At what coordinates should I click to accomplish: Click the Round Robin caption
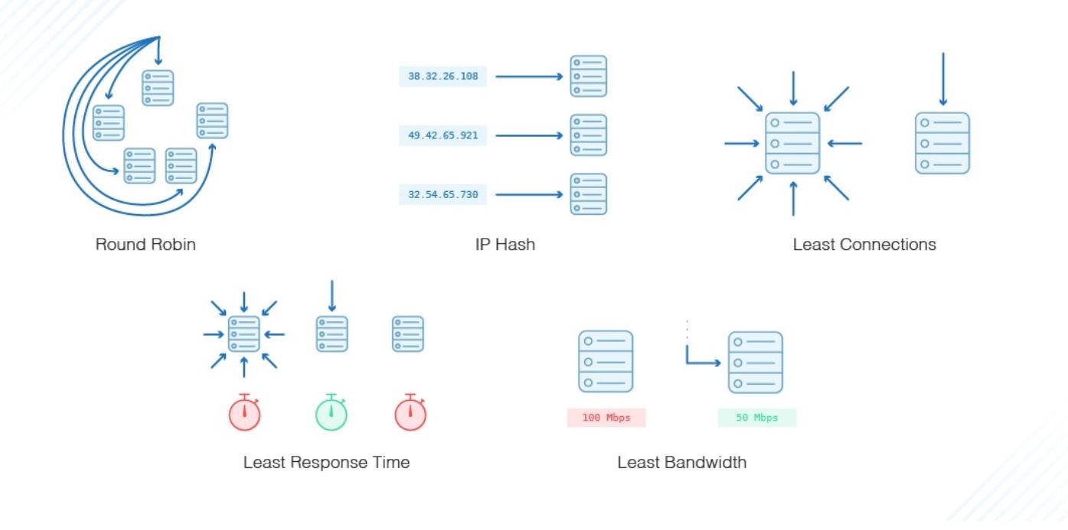click(x=145, y=245)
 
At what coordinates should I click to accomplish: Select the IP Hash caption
click(x=505, y=245)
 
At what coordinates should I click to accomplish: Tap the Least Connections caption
click(x=864, y=245)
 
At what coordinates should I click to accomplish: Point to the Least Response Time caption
click(x=326, y=462)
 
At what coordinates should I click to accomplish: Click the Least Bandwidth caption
click(x=681, y=462)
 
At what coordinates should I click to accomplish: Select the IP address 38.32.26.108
click(x=443, y=76)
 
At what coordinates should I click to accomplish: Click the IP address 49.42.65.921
click(x=443, y=135)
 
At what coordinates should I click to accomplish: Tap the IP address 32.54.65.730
click(x=443, y=194)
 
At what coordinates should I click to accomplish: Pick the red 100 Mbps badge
click(x=606, y=418)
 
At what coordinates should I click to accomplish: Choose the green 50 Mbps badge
click(x=756, y=418)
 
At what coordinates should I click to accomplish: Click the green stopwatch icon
click(x=332, y=413)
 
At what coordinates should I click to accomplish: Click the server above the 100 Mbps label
click(x=606, y=362)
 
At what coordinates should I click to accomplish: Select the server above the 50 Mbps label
click(x=755, y=362)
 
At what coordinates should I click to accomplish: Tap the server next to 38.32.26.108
click(x=588, y=76)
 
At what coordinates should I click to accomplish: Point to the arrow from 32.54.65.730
click(x=528, y=194)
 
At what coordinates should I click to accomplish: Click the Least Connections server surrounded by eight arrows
click(x=792, y=143)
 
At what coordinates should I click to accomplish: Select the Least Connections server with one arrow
click(x=942, y=143)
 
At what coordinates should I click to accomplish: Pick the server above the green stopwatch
click(x=332, y=334)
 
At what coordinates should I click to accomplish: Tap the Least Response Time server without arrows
click(x=408, y=334)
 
